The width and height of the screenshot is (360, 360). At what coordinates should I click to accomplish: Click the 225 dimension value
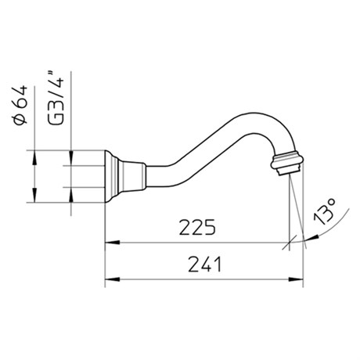click(x=197, y=227)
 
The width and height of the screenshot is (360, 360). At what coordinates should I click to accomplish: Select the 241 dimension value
click(x=204, y=265)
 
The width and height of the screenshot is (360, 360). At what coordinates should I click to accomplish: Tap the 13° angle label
click(x=325, y=211)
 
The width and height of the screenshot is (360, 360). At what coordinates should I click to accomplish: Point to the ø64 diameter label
click(x=20, y=105)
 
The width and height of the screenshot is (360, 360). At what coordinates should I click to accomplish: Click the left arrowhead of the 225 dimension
click(x=112, y=243)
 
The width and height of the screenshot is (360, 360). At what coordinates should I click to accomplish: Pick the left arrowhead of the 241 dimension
click(x=112, y=279)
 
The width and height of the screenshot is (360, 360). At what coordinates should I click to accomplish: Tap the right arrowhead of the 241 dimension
click(x=296, y=279)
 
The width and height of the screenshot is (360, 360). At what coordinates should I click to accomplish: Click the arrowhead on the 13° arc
click(x=311, y=238)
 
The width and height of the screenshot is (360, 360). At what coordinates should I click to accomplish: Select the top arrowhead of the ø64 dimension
click(x=34, y=157)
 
